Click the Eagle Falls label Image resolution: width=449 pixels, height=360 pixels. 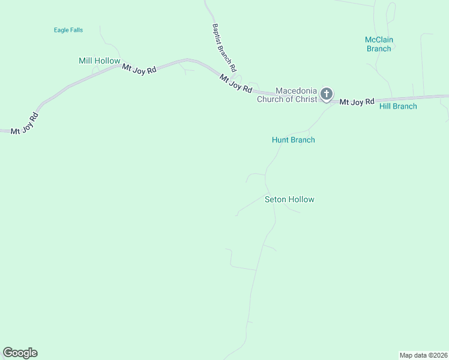point(68,30)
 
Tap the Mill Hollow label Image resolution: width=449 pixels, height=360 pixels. point(100,61)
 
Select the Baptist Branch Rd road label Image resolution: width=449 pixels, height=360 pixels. point(224,48)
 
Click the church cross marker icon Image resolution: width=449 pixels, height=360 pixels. point(326,94)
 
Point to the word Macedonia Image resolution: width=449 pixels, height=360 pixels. point(296,91)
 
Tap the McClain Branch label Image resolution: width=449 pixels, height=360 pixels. point(379,44)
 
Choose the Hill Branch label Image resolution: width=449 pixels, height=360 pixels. point(398,106)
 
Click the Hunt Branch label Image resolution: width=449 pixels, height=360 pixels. point(293,140)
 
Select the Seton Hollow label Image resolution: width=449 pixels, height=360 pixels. point(289,199)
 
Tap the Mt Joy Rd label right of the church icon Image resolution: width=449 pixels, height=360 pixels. point(357,102)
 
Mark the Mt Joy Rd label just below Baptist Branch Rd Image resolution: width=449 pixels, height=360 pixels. point(236,83)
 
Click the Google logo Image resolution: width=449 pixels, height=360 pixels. point(20,353)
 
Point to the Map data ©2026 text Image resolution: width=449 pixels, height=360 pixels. point(423,355)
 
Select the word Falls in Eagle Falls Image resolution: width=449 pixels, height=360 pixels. point(76,30)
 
